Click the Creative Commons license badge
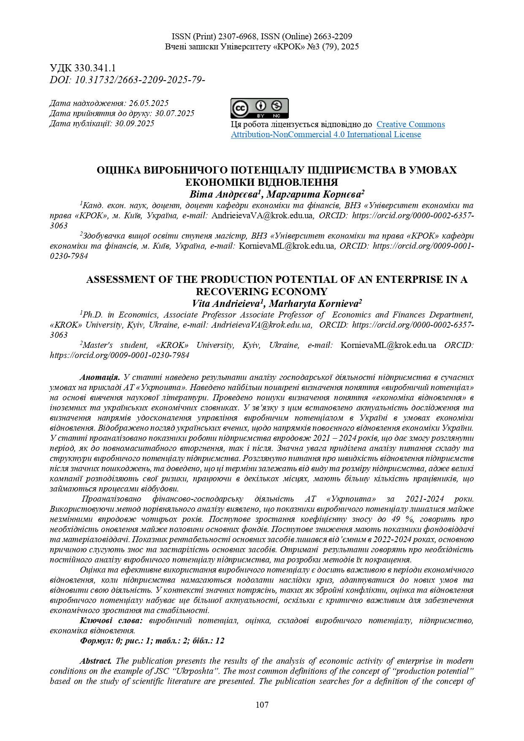[x=259, y=109]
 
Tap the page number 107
[x=262, y=705]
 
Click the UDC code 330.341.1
[x=95, y=68]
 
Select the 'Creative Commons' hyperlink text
[x=410, y=125]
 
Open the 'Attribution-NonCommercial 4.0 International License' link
[x=326, y=135]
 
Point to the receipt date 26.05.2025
[x=149, y=103]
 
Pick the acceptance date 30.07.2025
[x=174, y=114]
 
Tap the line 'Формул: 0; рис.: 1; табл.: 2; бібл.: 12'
[x=152, y=641]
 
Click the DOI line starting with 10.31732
[x=139, y=80]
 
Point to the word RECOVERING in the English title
[x=229, y=292]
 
